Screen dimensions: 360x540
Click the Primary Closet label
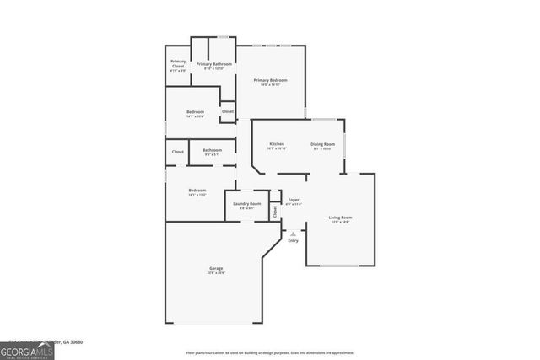(178, 62)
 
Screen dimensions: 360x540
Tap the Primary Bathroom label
(214, 64)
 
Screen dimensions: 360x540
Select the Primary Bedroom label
(272, 81)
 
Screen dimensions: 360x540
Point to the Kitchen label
(277, 144)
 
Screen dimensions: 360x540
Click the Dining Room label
(322, 144)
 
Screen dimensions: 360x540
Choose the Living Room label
(340, 218)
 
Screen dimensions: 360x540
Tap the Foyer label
(293, 200)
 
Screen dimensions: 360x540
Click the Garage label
(216, 269)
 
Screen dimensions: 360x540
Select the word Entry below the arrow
(293, 241)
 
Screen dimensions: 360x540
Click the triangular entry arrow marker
(293, 232)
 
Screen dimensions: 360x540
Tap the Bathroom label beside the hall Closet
(212, 151)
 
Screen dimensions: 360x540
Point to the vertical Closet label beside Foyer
(275, 212)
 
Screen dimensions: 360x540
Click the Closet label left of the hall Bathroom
(178, 152)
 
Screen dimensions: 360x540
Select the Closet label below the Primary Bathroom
(227, 111)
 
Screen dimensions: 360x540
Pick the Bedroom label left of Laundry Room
(197, 191)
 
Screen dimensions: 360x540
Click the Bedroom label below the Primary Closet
(195, 113)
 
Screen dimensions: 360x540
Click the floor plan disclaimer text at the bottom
(269, 353)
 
